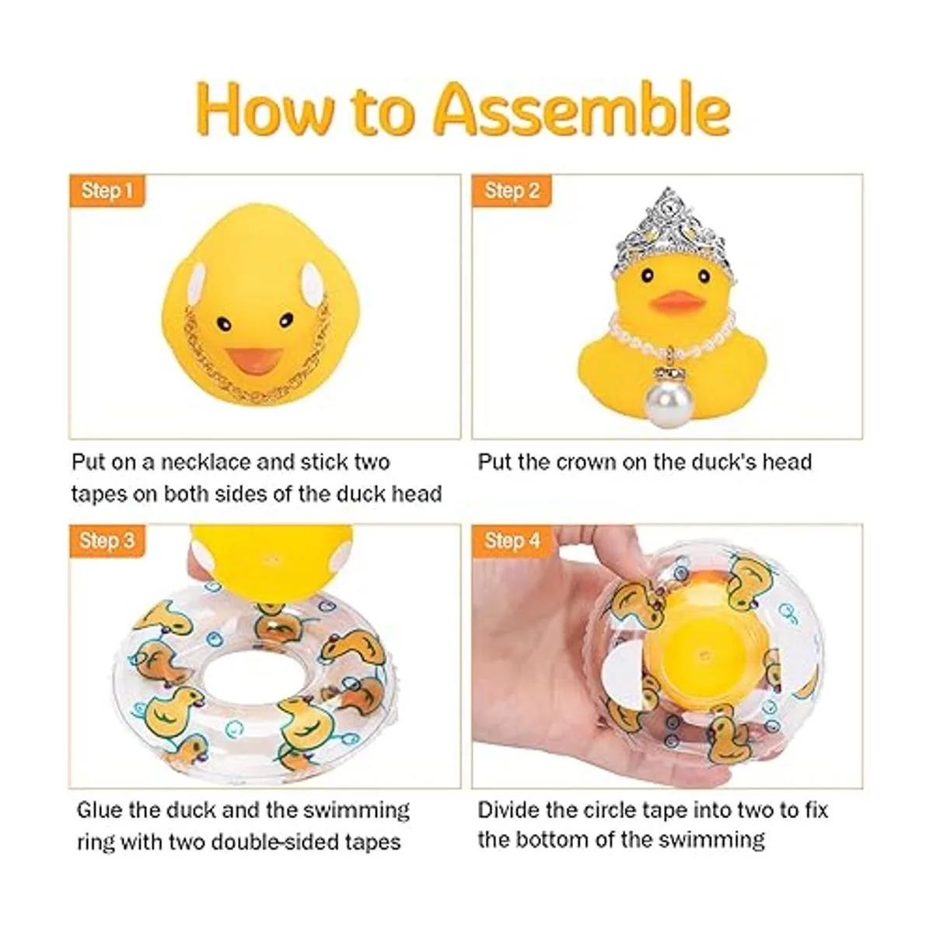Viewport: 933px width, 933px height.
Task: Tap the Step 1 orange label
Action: pos(107,190)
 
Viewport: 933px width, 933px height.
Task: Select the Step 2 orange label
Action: pos(512,190)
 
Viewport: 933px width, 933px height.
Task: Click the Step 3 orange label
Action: pos(107,540)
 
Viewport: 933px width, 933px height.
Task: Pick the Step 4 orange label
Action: pos(512,540)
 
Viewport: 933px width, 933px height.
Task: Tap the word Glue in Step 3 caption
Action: pos(100,810)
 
